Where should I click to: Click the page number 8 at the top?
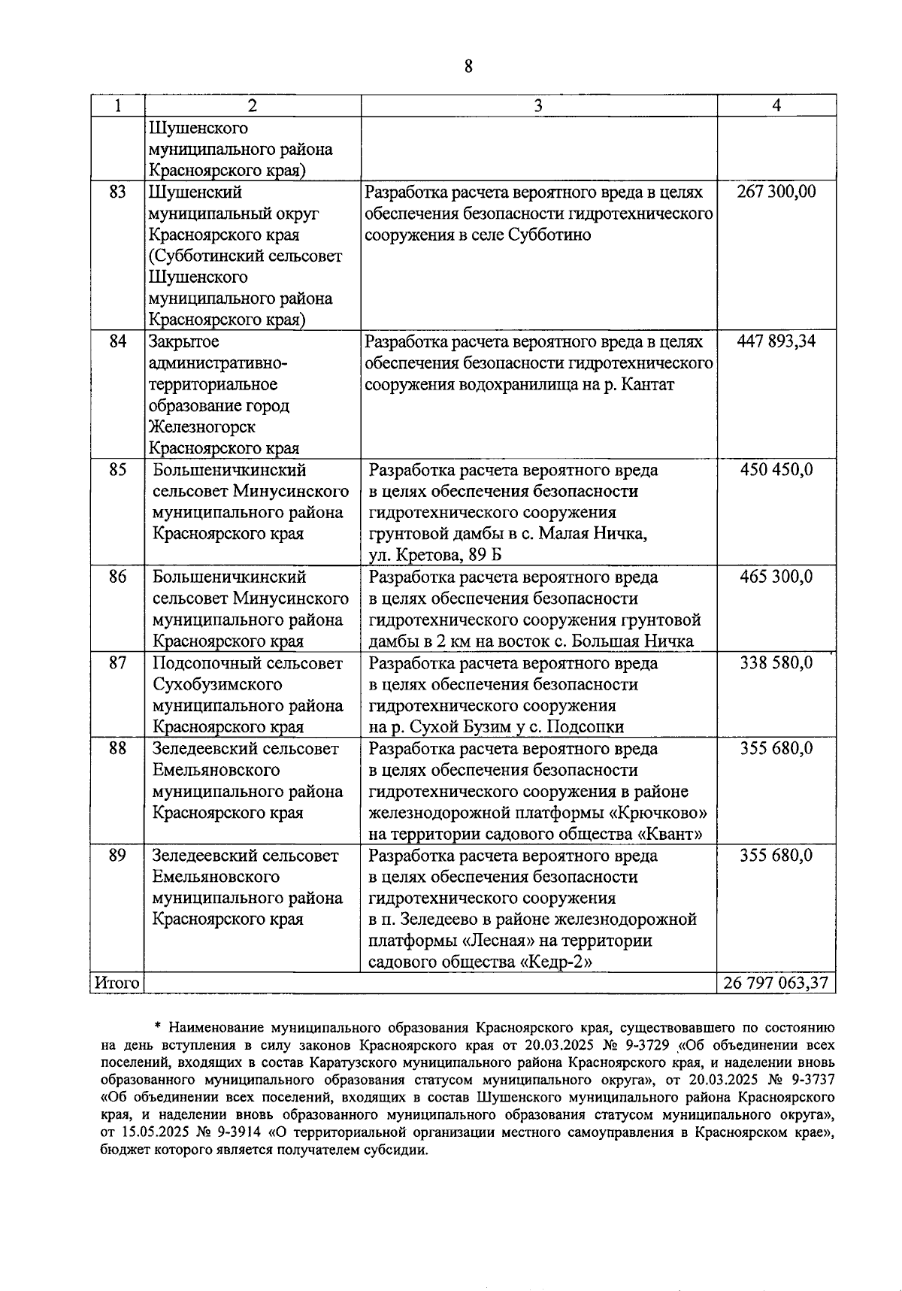point(468,66)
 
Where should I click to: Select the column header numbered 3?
point(538,106)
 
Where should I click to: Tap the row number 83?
point(117,192)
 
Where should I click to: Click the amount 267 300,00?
point(776,192)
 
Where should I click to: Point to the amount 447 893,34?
point(776,342)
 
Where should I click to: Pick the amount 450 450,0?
point(776,471)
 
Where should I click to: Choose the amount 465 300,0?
point(776,577)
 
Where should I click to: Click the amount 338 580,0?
point(776,663)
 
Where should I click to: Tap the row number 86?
point(117,577)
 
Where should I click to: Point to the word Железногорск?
point(202,427)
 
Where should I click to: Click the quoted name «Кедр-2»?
point(551,962)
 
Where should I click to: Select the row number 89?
point(117,856)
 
